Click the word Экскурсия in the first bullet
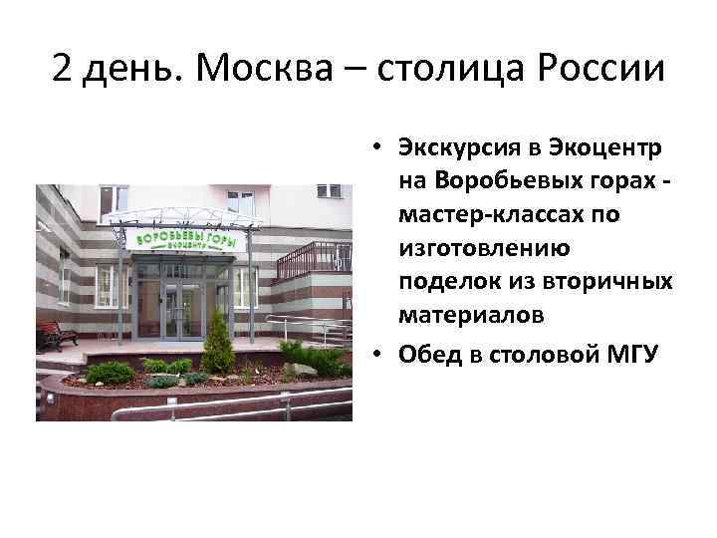click(x=457, y=148)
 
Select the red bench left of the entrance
click(x=56, y=336)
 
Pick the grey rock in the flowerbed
click(x=299, y=370)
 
